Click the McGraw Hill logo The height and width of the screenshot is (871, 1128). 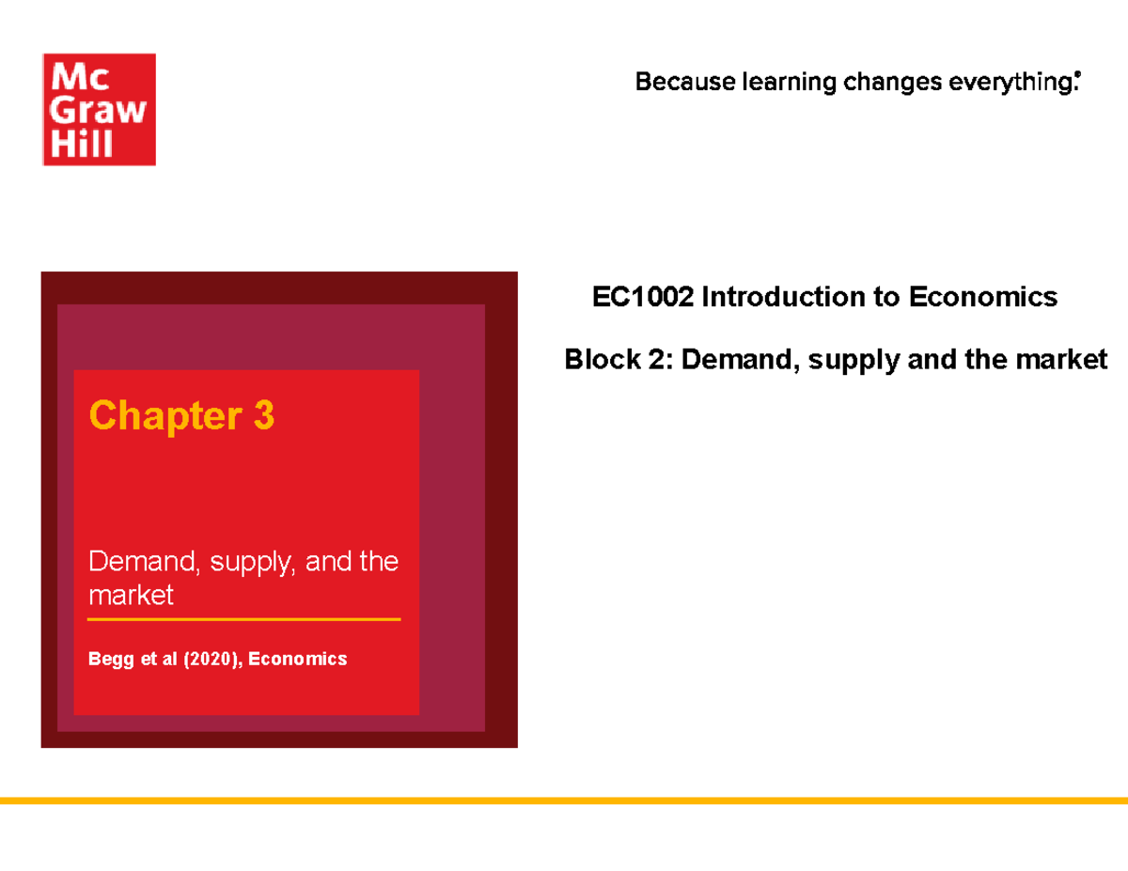point(99,109)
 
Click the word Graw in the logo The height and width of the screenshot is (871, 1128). point(99,111)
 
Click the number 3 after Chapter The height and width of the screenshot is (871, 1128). point(263,415)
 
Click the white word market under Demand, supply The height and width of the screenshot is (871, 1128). point(131,595)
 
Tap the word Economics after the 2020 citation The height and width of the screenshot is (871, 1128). point(300,659)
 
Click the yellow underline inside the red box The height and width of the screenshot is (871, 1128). point(244,620)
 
